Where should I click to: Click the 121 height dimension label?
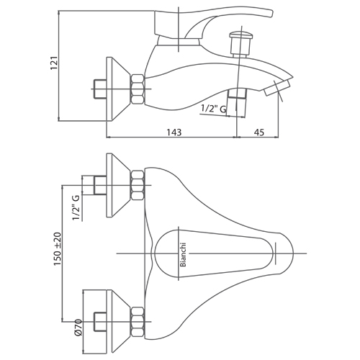54,63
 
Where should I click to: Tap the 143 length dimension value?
174,132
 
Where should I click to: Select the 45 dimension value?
258,132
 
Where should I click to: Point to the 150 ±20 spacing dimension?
58,249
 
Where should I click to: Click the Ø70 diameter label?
78,328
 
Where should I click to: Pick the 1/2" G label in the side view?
213,109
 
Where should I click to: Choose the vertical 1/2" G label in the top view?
76,207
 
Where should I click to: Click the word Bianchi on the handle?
183,255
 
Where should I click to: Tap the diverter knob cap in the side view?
241,35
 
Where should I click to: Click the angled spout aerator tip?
276,89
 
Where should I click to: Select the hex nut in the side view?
138,89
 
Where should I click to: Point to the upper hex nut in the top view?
138,185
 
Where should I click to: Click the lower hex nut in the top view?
138,321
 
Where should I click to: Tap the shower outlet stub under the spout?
237,103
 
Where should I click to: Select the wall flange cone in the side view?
118,89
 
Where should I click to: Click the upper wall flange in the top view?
118,185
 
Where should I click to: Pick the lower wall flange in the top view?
118,322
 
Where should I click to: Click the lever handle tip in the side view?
271,14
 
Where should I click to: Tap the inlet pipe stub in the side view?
100,89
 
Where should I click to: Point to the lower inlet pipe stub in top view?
100,322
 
